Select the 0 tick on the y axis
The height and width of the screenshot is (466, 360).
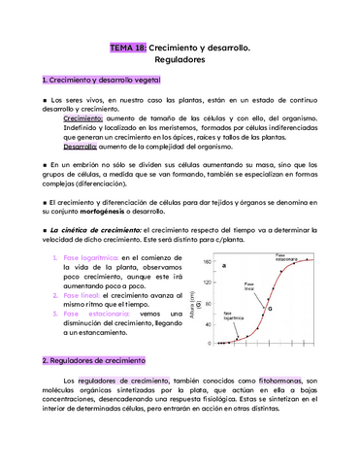211,343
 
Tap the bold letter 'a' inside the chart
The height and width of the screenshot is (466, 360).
224,265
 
